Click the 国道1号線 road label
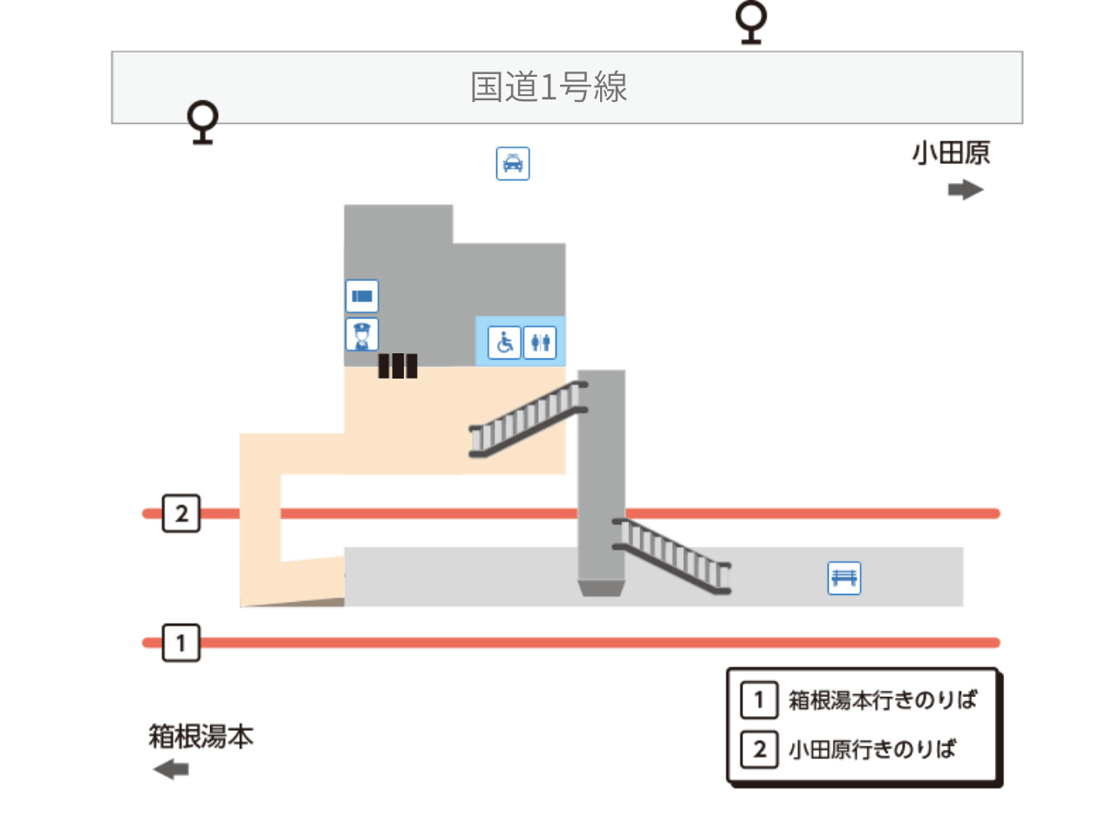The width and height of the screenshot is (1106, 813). coord(549,87)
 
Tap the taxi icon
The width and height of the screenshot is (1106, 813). coord(513,163)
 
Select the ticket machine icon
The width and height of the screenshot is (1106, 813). coord(362,297)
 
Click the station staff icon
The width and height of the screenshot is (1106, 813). coord(362,334)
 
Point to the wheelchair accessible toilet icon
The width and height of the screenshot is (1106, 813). coord(504,342)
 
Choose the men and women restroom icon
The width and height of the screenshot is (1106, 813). coord(540,342)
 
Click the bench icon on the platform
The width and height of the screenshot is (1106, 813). coord(843,577)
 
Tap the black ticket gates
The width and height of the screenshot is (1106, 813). coord(397,366)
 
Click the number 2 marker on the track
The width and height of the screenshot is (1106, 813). coord(181,514)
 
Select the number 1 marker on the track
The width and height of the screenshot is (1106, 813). coord(181,644)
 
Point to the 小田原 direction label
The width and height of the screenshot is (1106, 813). coord(952,154)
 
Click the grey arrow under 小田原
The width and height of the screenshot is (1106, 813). coord(966,190)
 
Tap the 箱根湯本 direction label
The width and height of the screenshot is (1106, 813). coord(201,737)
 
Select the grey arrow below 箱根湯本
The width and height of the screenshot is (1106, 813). coord(171,769)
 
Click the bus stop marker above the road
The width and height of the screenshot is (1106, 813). coord(750,21)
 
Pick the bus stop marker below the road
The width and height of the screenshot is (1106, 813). coord(203,121)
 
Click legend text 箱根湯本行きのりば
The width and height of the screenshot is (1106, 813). coord(880,700)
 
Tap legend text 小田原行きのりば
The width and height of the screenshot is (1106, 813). coord(871,749)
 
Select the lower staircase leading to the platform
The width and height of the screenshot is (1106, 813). coord(672,555)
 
